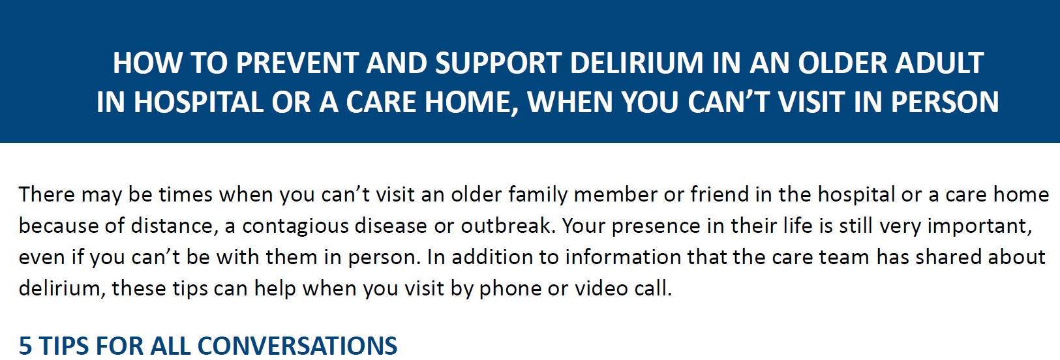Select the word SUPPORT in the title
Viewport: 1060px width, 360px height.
498,63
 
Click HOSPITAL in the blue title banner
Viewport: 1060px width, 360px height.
198,102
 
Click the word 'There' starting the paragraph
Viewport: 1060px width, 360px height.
46,194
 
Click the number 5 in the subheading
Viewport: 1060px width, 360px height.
25,346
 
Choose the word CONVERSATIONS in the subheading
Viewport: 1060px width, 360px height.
297,346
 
